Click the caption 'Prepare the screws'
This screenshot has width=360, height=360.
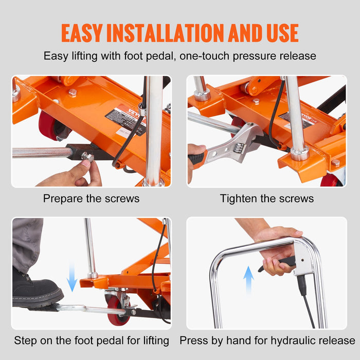[91, 199]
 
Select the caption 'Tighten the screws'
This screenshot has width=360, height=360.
[267, 199]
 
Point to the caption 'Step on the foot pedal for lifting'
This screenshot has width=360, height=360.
[92, 340]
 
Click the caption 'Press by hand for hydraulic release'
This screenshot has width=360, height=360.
[267, 340]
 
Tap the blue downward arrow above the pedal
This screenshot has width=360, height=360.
[72, 276]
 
